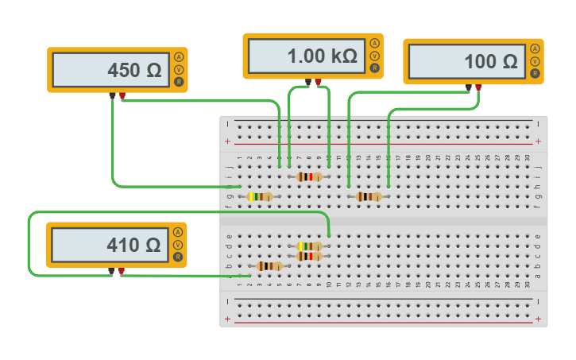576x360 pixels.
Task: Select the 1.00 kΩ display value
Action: point(322,56)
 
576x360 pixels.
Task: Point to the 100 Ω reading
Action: point(490,62)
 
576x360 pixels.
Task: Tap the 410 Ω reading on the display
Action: point(133,246)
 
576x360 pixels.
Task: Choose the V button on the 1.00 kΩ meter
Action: point(374,56)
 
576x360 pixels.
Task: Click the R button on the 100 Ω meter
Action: point(535,74)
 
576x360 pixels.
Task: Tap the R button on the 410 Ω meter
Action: point(178,257)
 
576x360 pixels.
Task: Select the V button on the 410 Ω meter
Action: point(178,245)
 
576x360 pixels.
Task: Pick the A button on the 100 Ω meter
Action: point(535,48)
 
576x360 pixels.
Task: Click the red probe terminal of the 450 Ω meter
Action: point(122,97)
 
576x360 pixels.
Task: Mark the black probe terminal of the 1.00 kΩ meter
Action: point(308,82)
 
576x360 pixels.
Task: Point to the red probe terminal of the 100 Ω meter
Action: point(478,87)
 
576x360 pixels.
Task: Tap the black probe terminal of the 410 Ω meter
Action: point(111,272)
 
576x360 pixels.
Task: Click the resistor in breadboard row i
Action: point(309,177)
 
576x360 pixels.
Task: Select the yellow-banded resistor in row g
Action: point(260,196)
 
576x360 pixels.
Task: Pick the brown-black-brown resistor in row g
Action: point(369,196)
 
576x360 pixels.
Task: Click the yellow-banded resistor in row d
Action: point(309,246)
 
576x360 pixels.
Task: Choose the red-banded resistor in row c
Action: point(309,256)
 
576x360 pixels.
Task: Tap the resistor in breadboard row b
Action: point(270,266)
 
